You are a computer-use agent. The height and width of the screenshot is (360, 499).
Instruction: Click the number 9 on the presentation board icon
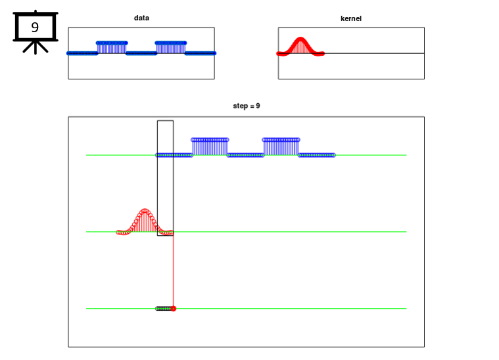coord(35,28)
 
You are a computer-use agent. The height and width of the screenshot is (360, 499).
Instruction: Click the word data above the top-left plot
coord(141,18)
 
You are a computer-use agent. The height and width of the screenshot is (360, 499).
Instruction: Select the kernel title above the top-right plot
coord(351,18)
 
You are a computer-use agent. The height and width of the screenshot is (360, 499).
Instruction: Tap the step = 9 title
coord(247,106)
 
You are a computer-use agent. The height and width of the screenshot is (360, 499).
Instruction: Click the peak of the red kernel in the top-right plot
coord(300,39)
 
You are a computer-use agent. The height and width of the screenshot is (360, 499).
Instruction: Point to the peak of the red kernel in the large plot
coord(145,210)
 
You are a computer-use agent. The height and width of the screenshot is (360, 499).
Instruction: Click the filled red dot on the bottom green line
coord(174,309)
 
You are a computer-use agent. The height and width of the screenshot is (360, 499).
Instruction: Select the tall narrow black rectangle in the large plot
coord(157,178)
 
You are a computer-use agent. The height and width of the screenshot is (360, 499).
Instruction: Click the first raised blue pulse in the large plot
coord(210,147)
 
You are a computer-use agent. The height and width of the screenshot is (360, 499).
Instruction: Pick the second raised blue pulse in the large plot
coord(281,147)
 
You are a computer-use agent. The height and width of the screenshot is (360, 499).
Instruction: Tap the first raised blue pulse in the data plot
coord(112,47)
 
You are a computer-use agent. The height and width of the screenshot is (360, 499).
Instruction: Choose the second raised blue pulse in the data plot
coord(171,47)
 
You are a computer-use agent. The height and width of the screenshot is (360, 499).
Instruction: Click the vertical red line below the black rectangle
coord(174,271)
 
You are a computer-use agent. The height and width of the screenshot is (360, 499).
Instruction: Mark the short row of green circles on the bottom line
coord(164,309)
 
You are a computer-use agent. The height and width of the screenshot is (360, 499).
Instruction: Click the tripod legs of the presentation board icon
coord(36,47)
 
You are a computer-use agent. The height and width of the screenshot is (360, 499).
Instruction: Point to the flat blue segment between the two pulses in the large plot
coord(245,155)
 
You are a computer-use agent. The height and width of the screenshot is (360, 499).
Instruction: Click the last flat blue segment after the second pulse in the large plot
coord(317,155)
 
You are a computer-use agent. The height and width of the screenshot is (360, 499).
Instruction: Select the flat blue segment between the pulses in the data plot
coord(141,53)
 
